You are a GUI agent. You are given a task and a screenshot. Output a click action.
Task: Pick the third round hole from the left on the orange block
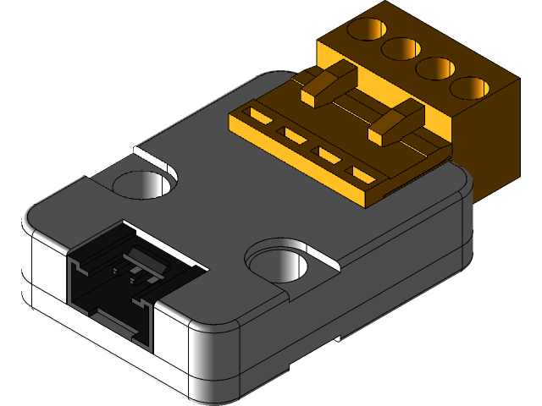pyautogui.click(x=436, y=68)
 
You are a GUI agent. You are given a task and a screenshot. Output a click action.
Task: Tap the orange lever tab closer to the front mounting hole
pyautogui.click(x=395, y=123)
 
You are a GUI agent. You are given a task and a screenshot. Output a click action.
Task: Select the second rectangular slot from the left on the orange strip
pyautogui.click(x=295, y=134)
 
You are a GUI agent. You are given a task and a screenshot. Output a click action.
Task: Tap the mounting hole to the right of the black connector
pyautogui.click(x=278, y=262)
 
